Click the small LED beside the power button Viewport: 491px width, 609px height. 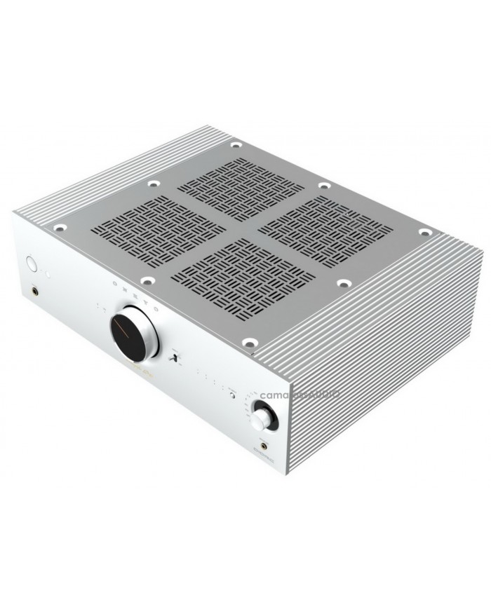44,268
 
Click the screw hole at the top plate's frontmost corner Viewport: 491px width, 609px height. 249,343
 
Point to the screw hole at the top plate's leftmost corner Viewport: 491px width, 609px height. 60,227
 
